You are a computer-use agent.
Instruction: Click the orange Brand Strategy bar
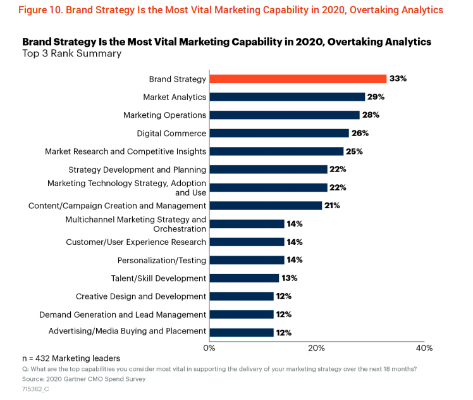297,79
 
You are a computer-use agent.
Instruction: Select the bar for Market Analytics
286,97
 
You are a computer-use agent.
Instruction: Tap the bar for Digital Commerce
279,134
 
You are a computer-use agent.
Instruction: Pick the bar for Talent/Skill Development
244,278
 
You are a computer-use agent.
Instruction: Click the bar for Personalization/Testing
247,260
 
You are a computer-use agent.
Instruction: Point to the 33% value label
398,79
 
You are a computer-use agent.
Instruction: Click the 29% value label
376,97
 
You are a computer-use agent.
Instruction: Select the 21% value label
333,206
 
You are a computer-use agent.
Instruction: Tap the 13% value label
290,278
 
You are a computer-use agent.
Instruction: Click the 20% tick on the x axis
317,347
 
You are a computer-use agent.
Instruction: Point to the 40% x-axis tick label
424,347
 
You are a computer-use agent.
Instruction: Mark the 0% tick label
209,347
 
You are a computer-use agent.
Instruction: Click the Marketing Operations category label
164,115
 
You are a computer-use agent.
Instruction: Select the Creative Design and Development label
141,296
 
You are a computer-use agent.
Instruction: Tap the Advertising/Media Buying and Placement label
127,331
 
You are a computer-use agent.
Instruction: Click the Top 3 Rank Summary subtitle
71,54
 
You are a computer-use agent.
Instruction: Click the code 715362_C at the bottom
36,388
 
